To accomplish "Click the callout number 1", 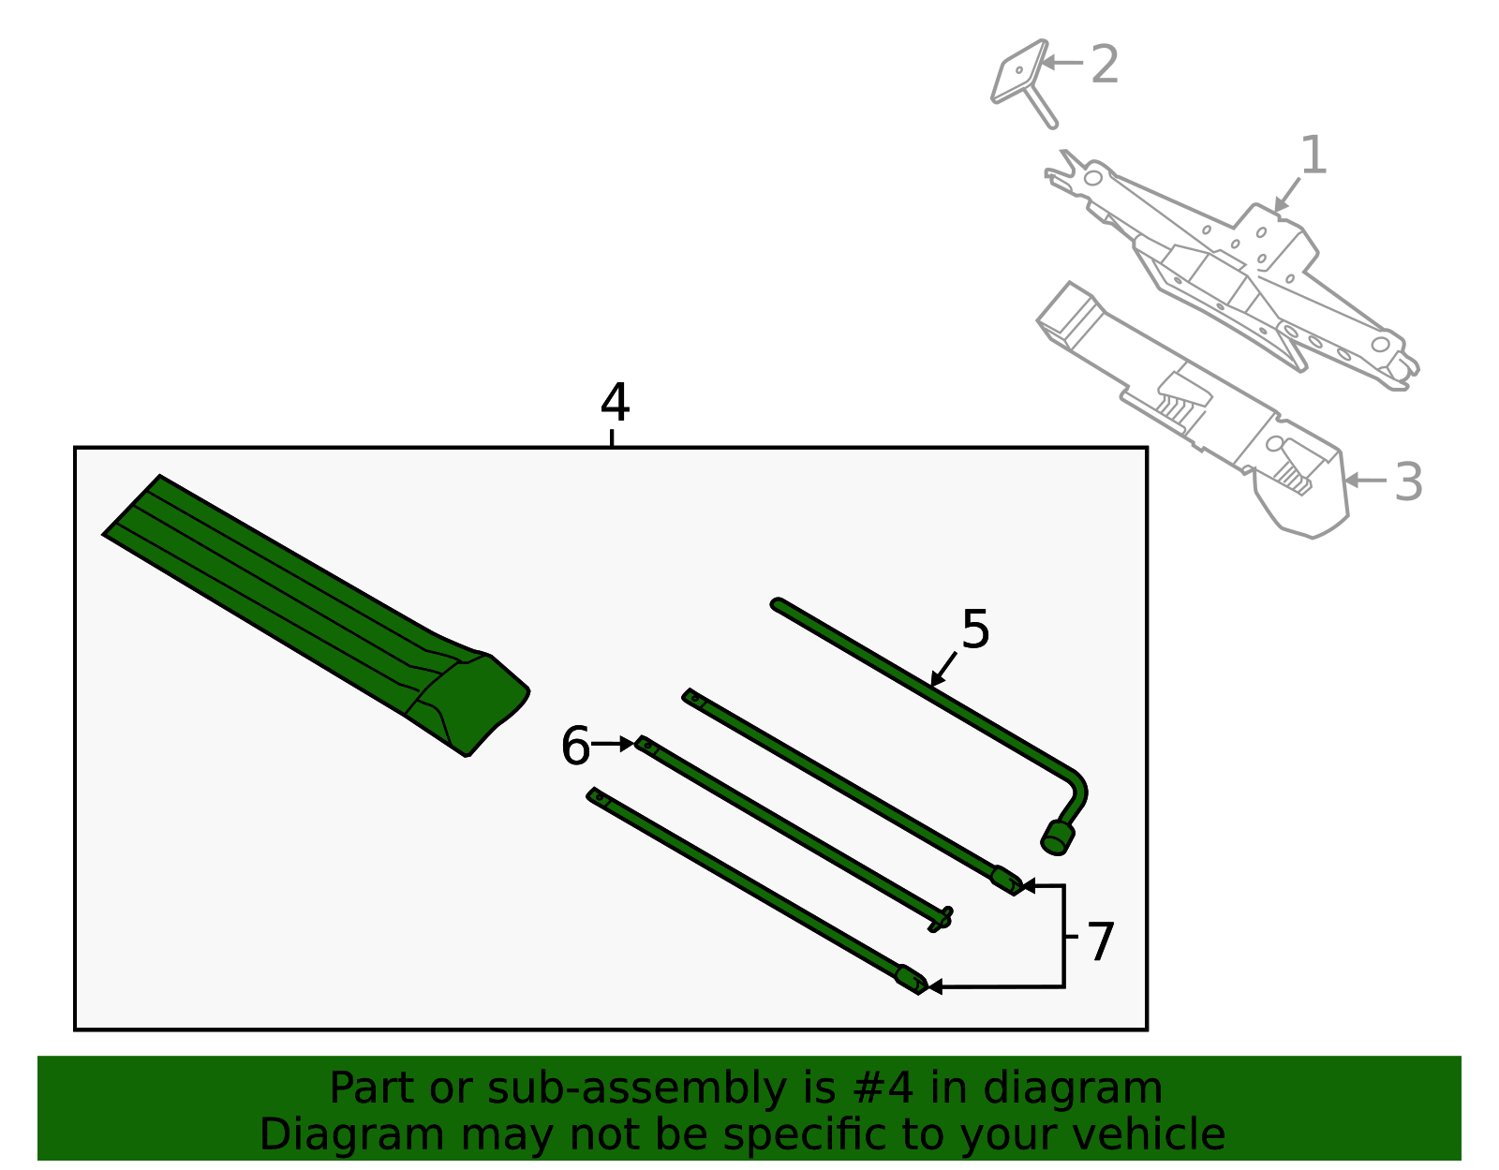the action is click(x=1313, y=155).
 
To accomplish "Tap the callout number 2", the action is click(x=1105, y=64).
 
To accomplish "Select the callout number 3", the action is click(x=1408, y=481).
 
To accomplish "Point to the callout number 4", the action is click(x=615, y=402).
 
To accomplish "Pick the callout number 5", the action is click(x=975, y=629).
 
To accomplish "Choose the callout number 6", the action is click(x=576, y=746).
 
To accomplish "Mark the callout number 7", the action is click(x=1100, y=941).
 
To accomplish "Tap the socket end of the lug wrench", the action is click(x=1058, y=837).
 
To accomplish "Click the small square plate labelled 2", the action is click(x=1019, y=71).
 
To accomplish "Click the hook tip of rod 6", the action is click(x=941, y=920).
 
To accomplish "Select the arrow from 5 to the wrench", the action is click(x=943, y=670).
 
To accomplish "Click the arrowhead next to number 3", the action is click(x=1351, y=481).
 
